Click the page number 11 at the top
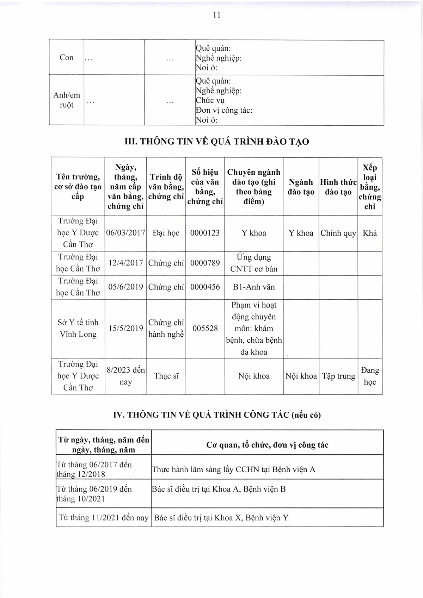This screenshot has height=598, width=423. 216,14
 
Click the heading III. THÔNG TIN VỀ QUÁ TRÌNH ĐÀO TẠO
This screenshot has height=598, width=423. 217,142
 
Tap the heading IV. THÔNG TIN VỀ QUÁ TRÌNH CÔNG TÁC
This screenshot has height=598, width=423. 217,415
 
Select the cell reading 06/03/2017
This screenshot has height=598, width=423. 125,233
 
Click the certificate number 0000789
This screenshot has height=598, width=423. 205,263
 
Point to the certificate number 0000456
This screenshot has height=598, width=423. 205,287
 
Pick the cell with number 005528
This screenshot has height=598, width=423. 205,329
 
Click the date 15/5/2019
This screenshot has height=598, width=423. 125,329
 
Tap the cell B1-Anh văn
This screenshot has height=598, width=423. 253,287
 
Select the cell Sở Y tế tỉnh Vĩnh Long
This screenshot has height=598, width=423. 78,328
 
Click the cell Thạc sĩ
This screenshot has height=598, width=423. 166,376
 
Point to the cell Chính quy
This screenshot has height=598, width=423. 338,233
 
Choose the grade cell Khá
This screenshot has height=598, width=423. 369,233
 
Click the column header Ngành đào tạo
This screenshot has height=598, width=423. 301,187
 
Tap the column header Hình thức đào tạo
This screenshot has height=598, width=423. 338,187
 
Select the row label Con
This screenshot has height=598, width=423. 66,57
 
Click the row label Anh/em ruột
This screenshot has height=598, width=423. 66,100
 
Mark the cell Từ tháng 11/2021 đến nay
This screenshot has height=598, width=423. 104,517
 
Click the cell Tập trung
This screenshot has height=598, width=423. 338,376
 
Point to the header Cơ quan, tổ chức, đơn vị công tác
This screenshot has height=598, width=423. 267,445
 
